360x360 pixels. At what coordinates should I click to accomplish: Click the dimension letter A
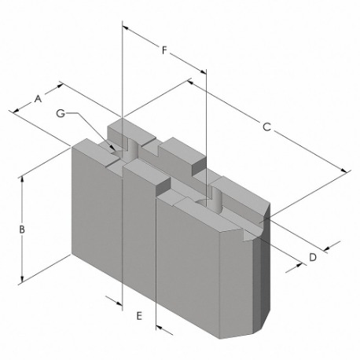click(x=38, y=99)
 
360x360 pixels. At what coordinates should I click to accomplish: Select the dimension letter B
click(x=22, y=229)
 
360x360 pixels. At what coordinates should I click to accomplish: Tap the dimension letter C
click(x=266, y=127)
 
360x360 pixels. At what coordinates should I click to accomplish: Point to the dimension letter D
click(x=313, y=257)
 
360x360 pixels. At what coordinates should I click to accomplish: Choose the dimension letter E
click(x=139, y=316)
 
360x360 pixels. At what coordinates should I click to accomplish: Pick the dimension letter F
click(x=164, y=50)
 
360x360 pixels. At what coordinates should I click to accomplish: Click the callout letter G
click(x=61, y=113)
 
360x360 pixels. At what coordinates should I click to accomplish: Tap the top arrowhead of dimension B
click(x=22, y=179)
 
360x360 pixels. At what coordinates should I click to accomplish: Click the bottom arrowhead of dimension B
click(x=22, y=279)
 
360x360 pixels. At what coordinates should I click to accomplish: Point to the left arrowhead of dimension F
click(x=126, y=28)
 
